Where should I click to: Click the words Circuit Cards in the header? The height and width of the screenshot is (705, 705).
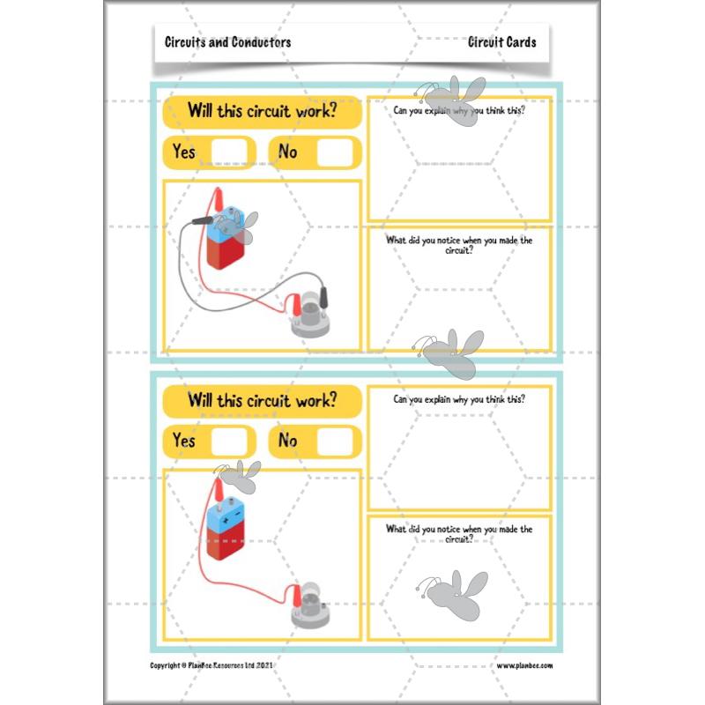(502, 41)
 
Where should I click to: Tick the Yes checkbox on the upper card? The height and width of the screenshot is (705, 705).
(229, 152)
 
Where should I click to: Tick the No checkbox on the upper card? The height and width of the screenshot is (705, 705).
(334, 152)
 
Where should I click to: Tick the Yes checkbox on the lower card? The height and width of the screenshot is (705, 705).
(229, 440)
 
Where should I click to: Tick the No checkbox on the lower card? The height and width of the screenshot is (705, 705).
(334, 440)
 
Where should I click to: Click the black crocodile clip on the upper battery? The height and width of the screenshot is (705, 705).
(202, 219)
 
